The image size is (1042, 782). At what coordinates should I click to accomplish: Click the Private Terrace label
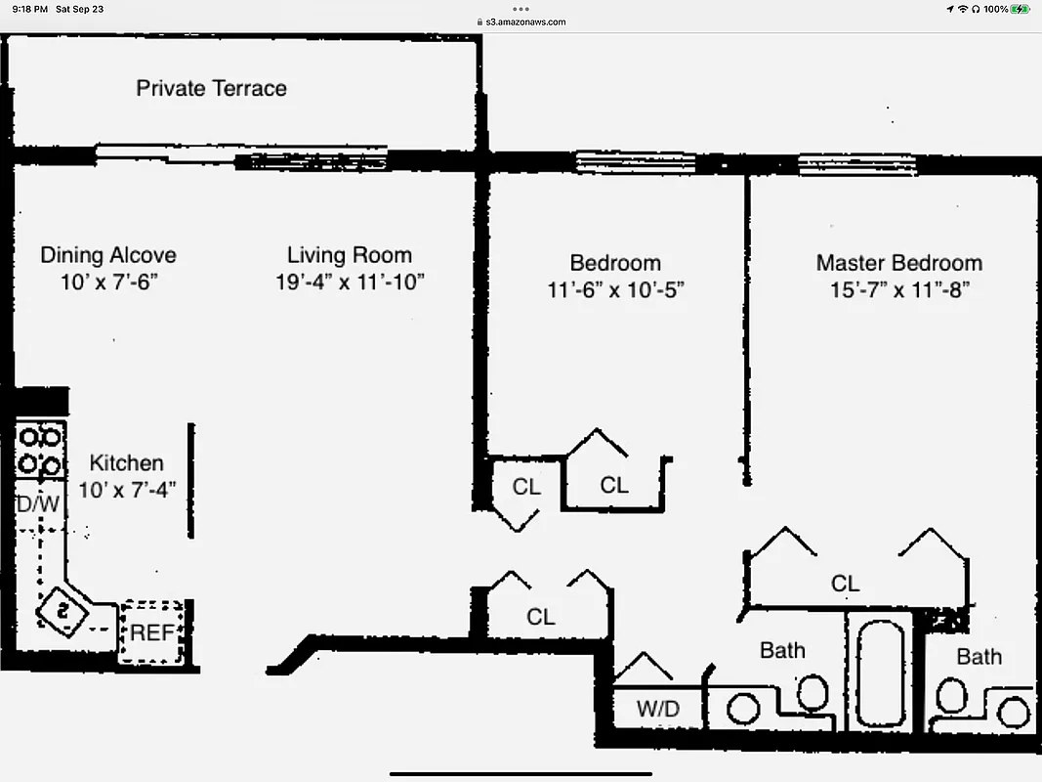[211, 88]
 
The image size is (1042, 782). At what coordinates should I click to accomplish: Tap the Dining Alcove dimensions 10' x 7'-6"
[107, 282]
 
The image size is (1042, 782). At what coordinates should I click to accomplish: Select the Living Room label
[350, 255]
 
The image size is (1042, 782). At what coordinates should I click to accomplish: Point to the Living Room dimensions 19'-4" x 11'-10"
[350, 282]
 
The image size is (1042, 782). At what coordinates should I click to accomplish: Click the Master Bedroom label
[898, 263]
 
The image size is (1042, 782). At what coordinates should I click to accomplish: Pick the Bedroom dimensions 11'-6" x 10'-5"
[615, 290]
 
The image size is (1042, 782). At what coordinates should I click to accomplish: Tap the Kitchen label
[126, 462]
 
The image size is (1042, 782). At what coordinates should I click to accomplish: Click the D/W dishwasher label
[38, 505]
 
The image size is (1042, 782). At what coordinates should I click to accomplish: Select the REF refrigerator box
[151, 632]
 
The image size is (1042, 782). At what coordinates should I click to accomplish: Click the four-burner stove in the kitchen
[40, 449]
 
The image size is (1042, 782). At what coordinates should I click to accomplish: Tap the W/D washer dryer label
[657, 709]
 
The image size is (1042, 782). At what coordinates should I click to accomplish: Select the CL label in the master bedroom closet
[845, 584]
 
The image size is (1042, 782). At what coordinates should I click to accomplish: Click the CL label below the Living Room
[540, 617]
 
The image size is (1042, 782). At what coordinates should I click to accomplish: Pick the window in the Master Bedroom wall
[856, 164]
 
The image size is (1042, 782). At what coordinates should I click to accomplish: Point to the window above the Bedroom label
[621, 162]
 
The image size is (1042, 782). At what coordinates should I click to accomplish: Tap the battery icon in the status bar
[1021, 9]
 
